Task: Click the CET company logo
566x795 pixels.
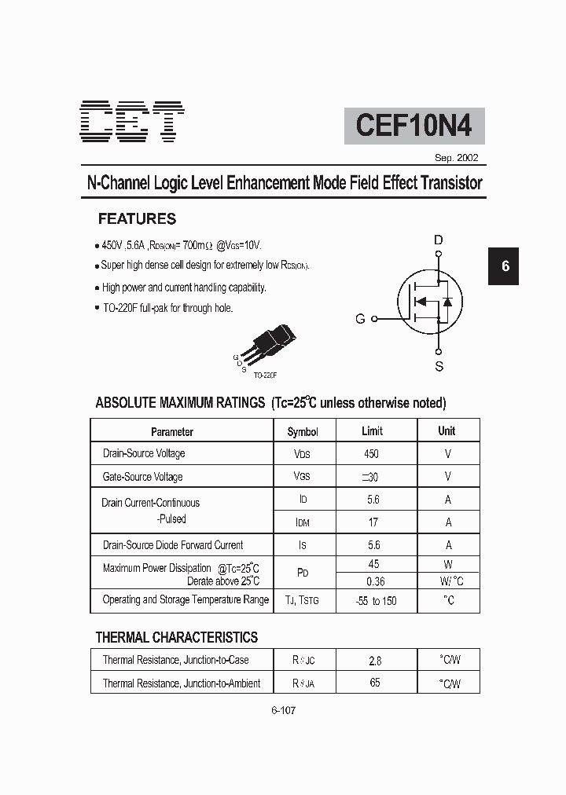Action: pyautogui.click(x=132, y=124)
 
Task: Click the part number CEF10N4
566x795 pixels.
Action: pyautogui.click(x=413, y=126)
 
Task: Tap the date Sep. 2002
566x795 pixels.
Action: pyautogui.click(x=456, y=158)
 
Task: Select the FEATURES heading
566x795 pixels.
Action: pyautogui.click(x=137, y=219)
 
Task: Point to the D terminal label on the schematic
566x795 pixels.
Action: pyautogui.click(x=439, y=240)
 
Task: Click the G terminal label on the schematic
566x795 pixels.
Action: pyautogui.click(x=360, y=319)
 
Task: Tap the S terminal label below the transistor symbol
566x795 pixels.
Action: pyautogui.click(x=439, y=366)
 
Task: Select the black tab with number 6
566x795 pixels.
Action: pyautogui.click(x=505, y=266)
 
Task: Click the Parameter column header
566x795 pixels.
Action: pyautogui.click(x=172, y=431)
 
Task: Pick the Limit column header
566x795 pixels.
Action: pyautogui.click(x=372, y=430)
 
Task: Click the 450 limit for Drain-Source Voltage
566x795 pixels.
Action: pyautogui.click(x=371, y=454)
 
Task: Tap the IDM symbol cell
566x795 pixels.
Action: pyautogui.click(x=303, y=522)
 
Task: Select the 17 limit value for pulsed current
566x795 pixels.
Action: pyautogui.click(x=373, y=522)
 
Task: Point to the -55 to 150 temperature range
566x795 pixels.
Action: pyautogui.click(x=375, y=601)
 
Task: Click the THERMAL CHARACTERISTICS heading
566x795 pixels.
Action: pyautogui.click(x=176, y=637)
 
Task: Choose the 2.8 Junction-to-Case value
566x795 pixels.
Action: pyautogui.click(x=375, y=661)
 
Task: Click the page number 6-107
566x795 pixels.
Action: pyautogui.click(x=283, y=710)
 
